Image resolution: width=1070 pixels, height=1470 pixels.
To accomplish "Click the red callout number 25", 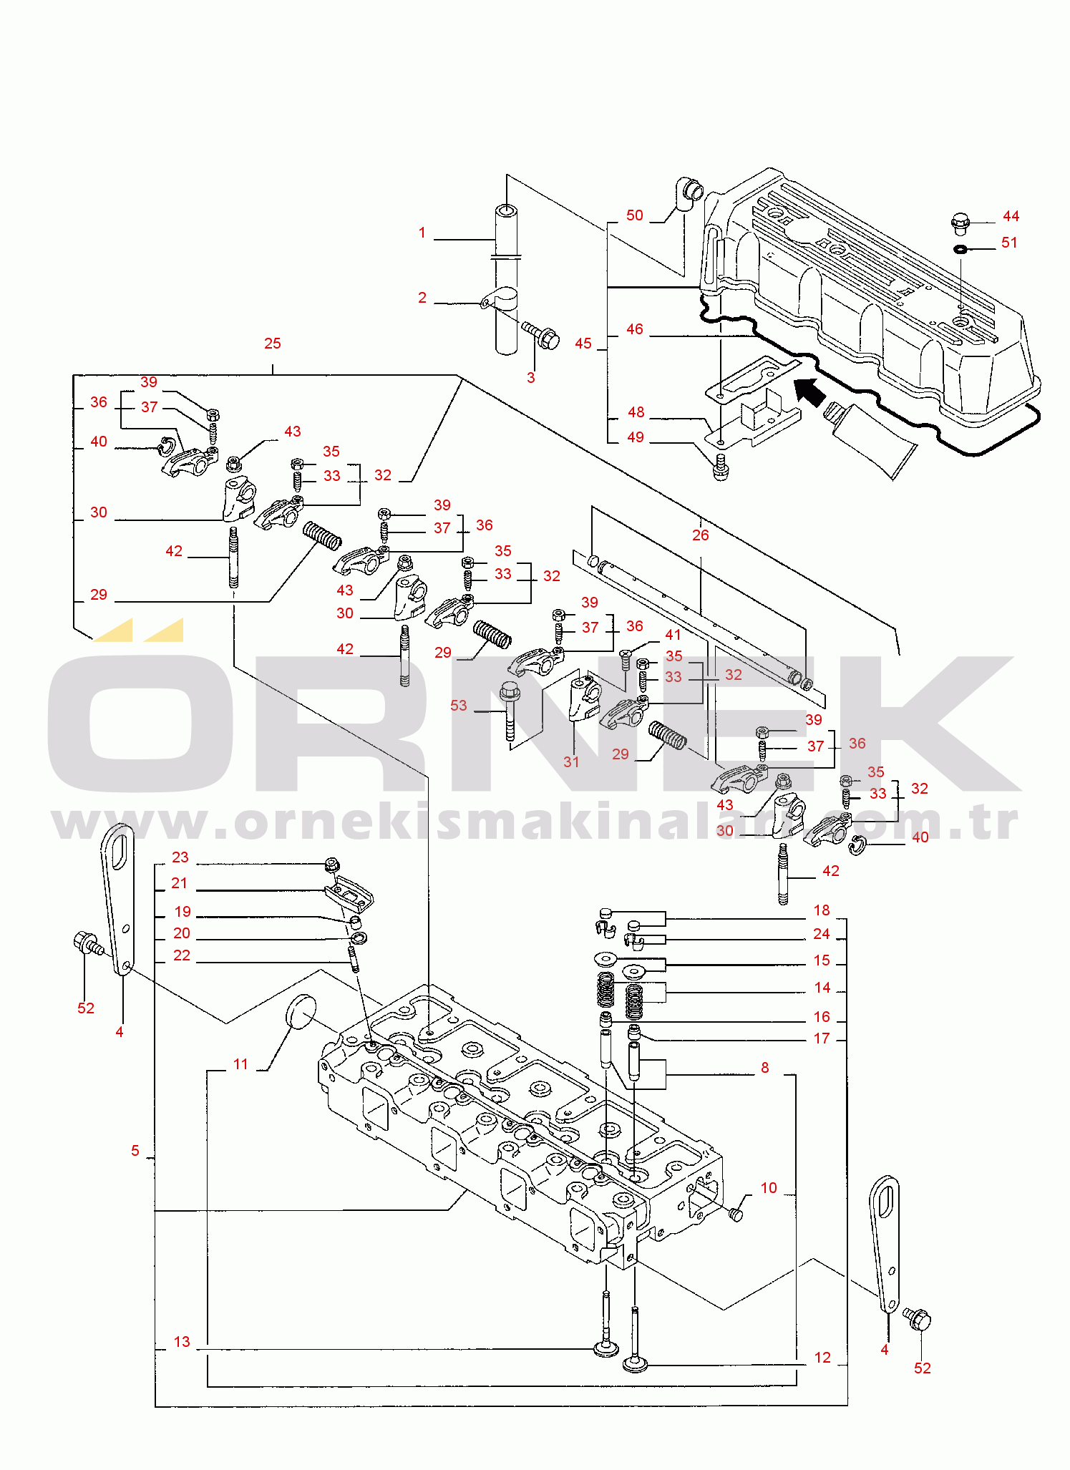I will pos(272,344).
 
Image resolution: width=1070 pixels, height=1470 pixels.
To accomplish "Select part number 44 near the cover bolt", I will pos(1011,216).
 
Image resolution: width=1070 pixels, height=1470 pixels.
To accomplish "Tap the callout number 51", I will pos(1009,243).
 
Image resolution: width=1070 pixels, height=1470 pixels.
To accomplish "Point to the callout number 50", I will pos(635,215).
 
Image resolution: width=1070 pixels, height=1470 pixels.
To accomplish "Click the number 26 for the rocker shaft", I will pos(700,535).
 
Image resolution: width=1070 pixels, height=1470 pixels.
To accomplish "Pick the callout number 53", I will pos(459,706).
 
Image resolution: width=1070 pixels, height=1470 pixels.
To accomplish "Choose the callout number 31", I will pos(571,761).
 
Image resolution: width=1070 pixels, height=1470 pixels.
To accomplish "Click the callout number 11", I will pos(240,1064).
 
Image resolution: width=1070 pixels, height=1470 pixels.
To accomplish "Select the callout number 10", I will pos(769,1188).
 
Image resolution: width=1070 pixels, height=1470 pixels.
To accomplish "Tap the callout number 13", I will pos(182,1342).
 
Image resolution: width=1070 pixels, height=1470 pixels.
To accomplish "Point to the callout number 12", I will pos(822,1358).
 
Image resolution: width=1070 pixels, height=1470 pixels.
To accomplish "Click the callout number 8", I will pos(765,1068).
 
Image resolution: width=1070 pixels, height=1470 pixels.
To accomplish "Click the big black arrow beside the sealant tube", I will pos(809,392).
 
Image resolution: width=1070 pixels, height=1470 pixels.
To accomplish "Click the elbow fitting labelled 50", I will pos(686,194).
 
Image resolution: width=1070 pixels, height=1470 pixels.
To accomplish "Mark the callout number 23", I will pos(180,857).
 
